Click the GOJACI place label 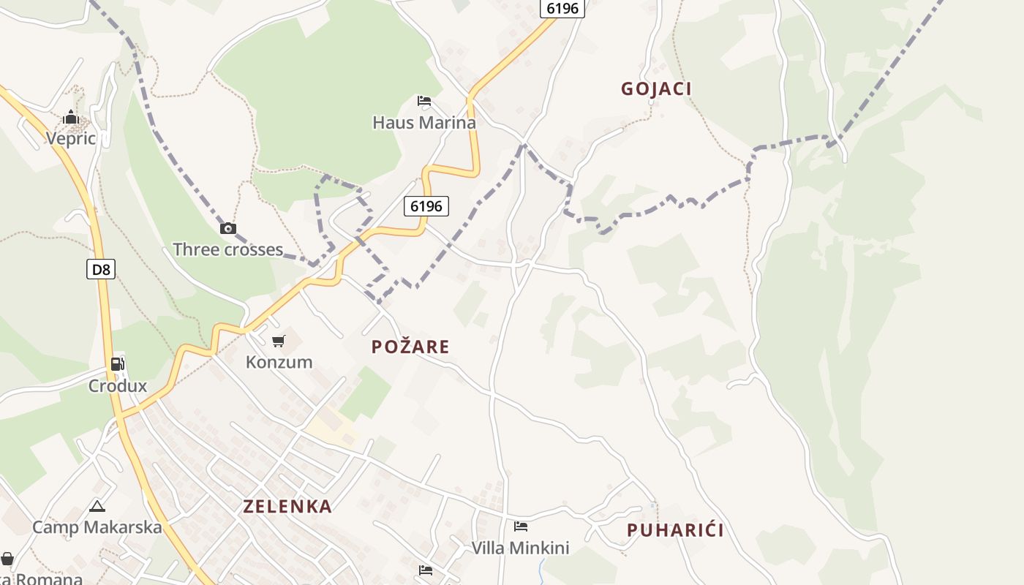(656, 89)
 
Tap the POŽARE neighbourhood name (410, 347)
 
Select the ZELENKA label (287, 506)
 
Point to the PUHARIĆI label (675, 530)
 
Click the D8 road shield (101, 269)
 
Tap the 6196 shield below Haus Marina (426, 206)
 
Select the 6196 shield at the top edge (562, 8)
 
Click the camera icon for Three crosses (228, 228)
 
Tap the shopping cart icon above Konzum (278, 341)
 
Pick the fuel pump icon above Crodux (117, 364)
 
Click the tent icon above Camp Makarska (97, 506)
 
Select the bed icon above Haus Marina (424, 101)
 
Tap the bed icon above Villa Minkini (521, 526)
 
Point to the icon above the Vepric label (70, 117)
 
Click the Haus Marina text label (424, 122)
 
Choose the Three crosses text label (227, 249)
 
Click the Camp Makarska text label (97, 527)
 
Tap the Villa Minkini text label (520, 548)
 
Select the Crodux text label (118, 385)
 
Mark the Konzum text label (279, 362)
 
